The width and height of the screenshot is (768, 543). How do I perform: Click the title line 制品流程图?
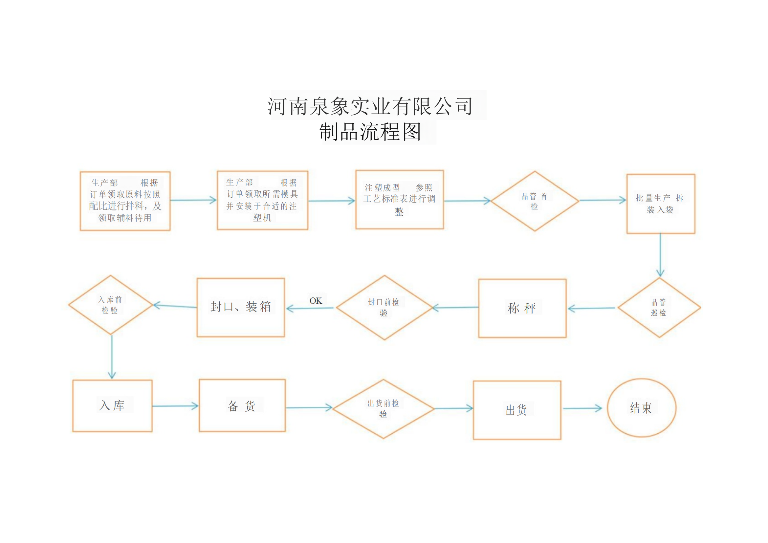click(x=370, y=132)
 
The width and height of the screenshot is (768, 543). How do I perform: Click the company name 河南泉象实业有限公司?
click(x=370, y=106)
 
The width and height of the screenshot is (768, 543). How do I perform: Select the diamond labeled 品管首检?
click(x=534, y=201)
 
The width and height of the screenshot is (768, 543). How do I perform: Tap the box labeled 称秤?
click(x=522, y=308)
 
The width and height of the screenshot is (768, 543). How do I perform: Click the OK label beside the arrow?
click(x=316, y=301)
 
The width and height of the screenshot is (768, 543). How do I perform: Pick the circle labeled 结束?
click(x=641, y=408)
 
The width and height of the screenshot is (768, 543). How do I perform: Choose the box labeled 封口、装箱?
click(x=240, y=307)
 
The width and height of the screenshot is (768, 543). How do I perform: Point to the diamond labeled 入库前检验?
click(x=110, y=305)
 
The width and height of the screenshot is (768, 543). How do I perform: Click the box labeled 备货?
click(x=242, y=405)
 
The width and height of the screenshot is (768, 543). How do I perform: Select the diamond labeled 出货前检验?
click(x=383, y=409)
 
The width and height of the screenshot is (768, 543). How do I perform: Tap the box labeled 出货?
click(x=517, y=410)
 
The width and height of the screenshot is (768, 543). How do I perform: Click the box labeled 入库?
click(x=112, y=405)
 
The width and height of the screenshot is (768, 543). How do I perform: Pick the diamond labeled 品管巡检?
click(x=659, y=308)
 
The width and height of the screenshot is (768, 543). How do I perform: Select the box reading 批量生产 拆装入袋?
click(x=660, y=204)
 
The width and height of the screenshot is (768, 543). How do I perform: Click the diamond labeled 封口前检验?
click(x=384, y=308)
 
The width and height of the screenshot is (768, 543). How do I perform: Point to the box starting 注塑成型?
click(x=399, y=200)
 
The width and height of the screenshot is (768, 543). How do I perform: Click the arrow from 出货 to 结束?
click(x=582, y=408)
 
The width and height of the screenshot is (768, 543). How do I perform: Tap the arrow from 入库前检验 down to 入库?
click(x=112, y=357)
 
